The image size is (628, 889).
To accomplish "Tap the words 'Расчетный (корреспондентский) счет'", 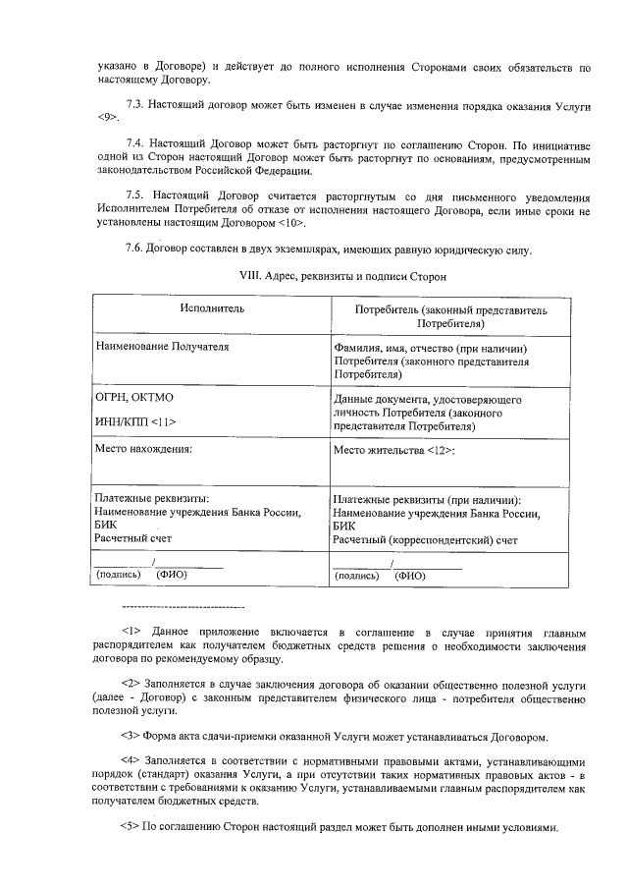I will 425,540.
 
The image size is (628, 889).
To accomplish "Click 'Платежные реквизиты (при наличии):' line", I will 427,500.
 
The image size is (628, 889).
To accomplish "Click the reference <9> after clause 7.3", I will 108,118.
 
